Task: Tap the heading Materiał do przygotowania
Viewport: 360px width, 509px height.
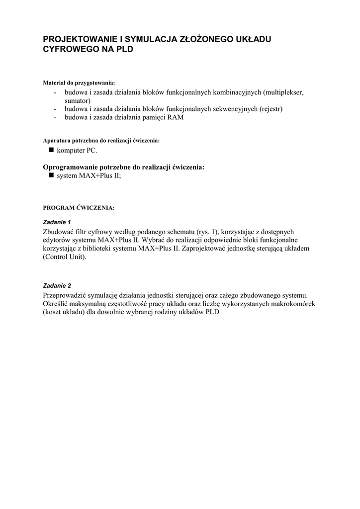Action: pyautogui.click(x=79, y=83)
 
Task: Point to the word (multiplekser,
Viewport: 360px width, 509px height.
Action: pyautogui.click(x=283, y=92)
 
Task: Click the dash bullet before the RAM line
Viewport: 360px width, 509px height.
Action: pyautogui.click(x=55, y=118)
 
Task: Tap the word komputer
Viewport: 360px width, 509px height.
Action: pyautogui.click(x=73, y=150)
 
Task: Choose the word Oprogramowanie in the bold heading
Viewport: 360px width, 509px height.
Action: pyautogui.click(x=73, y=167)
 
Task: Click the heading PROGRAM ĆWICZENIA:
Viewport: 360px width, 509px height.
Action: pyautogui.click(x=79, y=208)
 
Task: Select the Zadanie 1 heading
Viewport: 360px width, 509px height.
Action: pyautogui.click(x=58, y=222)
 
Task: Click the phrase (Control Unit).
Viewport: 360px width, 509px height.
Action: pyautogui.click(x=65, y=257)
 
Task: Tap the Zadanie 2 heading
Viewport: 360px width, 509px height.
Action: pyautogui.click(x=58, y=286)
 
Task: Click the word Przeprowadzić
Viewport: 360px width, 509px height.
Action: pyautogui.click(x=67, y=296)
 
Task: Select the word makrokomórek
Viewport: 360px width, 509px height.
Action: pyautogui.click(x=290, y=304)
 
